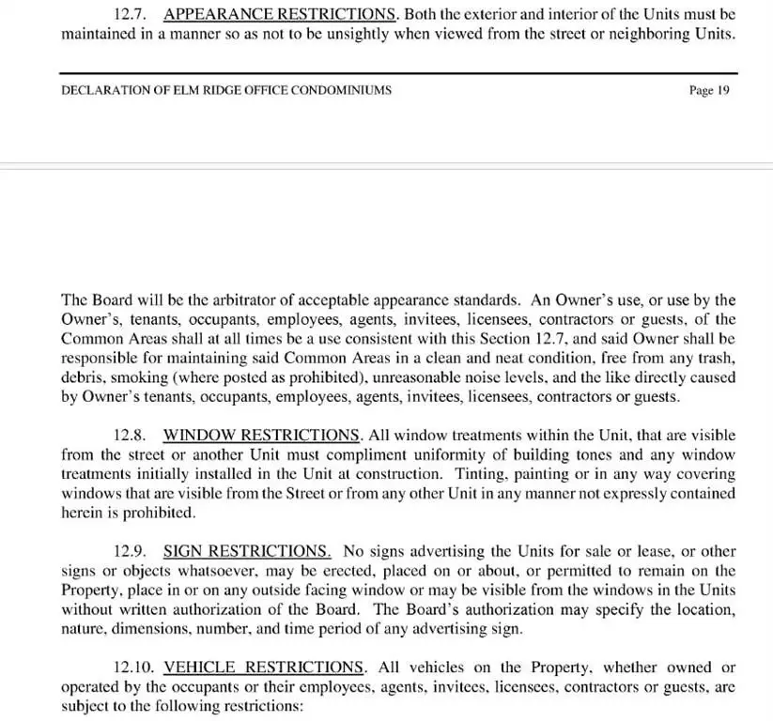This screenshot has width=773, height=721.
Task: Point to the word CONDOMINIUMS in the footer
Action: (340, 91)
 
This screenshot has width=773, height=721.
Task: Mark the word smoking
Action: (137, 377)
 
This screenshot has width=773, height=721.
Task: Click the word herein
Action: (81, 513)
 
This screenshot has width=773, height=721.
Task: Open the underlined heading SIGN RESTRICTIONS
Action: (247, 551)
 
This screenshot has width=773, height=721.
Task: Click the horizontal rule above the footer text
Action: (398, 73)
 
